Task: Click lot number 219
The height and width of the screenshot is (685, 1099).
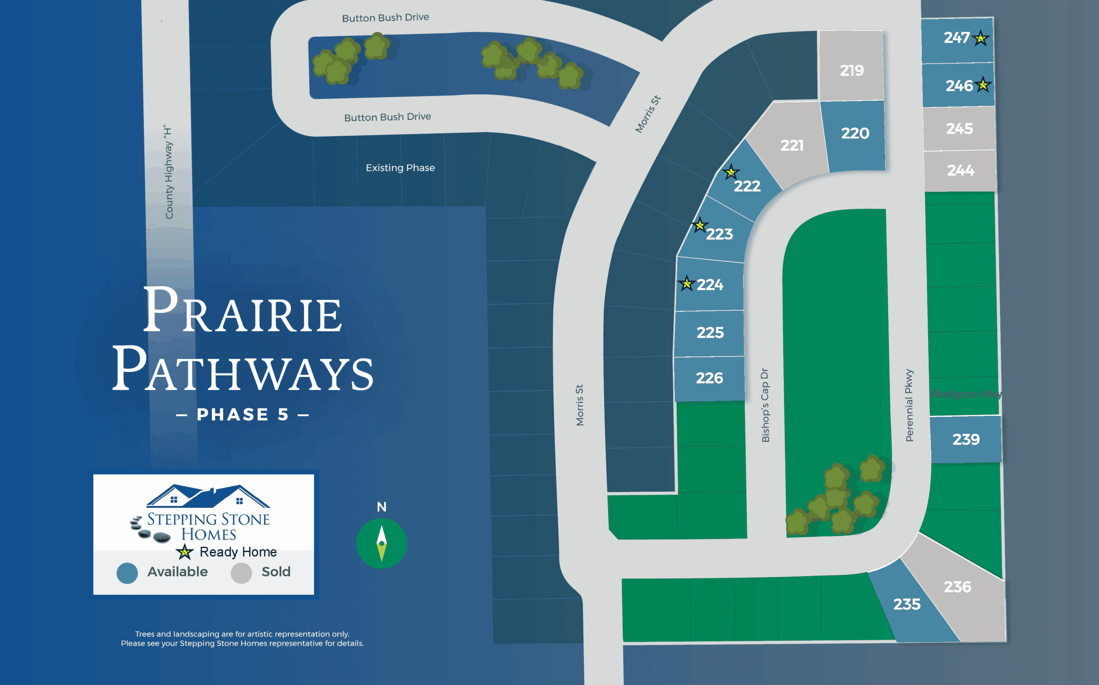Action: pyautogui.click(x=852, y=71)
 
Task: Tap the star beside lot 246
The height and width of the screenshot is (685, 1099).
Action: pyautogui.click(x=983, y=85)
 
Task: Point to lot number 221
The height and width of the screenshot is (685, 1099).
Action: pyautogui.click(x=792, y=145)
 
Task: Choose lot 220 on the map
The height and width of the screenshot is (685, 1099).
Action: pyautogui.click(x=855, y=133)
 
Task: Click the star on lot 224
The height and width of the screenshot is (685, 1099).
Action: pyautogui.click(x=687, y=284)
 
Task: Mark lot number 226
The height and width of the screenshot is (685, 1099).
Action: pyautogui.click(x=709, y=378)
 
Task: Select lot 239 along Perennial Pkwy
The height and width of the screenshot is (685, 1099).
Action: pyautogui.click(x=966, y=439)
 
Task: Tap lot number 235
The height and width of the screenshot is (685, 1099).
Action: pyautogui.click(x=907, y=604)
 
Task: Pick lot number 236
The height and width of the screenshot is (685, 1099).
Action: pyautogui.click(x=957, y=587)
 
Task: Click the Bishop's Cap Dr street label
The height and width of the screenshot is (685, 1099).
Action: pyautogui.click(x=765, y=405)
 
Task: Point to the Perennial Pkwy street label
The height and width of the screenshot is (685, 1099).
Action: pyautogui.click(x=909, y=405)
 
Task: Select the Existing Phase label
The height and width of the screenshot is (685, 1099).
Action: pyautogui.click(x=400, y=168)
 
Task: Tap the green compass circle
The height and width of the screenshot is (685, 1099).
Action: pyautogui.click(x=382, y=543)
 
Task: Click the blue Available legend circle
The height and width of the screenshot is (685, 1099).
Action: pyautogui.click(x=128, y=573)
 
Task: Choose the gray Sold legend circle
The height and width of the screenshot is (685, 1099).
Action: pyautogui.click(x=241, y=573)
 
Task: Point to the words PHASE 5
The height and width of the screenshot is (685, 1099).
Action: pyautogui.click(x=243, y=415)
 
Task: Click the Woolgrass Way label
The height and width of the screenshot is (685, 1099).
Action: pyautogui.click(x=966, y=394)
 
